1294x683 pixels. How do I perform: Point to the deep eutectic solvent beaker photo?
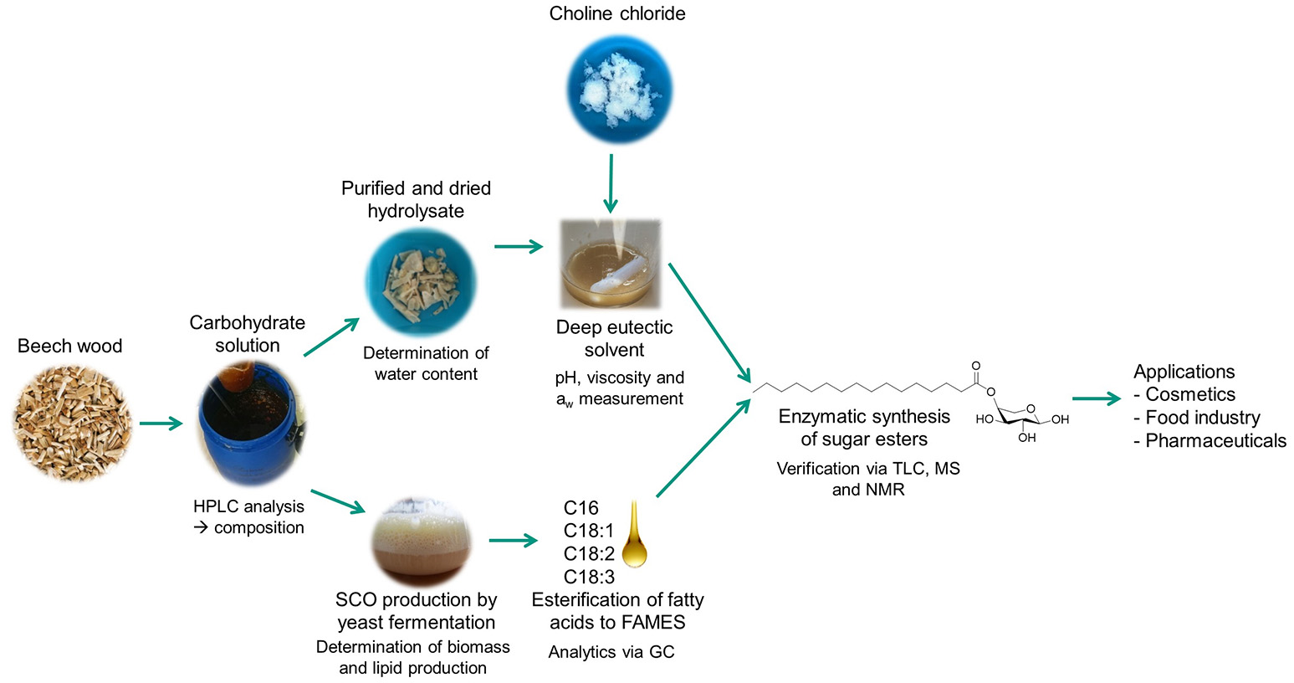[x=611, y=264]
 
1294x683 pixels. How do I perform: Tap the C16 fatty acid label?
[x=581, y=507]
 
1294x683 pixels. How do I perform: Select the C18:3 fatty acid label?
[x=589, y=577]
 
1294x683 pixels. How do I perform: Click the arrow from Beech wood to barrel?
[x=161, y=424]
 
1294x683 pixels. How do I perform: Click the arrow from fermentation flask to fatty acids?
[x=513, y=541]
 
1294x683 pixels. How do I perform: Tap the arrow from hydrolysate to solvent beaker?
[x=519, y=247]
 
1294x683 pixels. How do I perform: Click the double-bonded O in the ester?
[x=976, y=366]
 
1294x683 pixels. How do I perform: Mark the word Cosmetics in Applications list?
[x=1189, y=394]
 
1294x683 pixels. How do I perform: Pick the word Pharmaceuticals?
[x=1215, y=440]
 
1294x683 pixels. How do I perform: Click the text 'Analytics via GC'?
[x=611, y=652]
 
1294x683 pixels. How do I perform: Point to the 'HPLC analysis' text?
[x=248, y=506]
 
